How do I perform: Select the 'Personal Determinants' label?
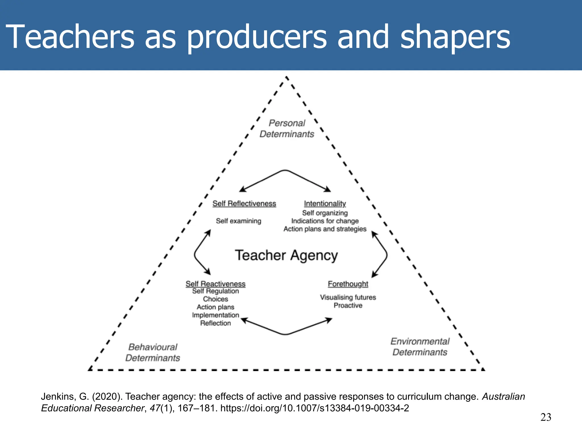point(287,129)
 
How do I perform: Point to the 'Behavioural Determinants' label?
point(153,352)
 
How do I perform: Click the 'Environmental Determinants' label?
point(420,347)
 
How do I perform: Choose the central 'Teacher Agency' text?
point(286,255)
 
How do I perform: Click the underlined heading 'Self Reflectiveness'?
point(244,204)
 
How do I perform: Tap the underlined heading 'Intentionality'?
point(325,204)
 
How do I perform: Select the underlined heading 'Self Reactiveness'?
point(215,284)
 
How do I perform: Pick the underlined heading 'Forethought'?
point(348,284)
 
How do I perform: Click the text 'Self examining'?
point(238,221)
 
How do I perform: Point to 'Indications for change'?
point(325,221)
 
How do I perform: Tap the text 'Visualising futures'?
point(348,297)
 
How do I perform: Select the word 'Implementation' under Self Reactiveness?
point(215,315)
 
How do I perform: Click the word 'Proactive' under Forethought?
point(348,305)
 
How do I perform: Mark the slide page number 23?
point(546,417)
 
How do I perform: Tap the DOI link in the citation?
point(315,408)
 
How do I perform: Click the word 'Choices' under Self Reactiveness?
point(215,299)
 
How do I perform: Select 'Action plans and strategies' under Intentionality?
point(325,229)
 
